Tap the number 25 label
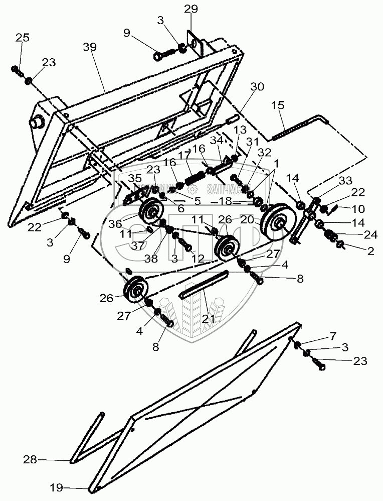(22, 37)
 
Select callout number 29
(191, 9)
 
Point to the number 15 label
(278, 105)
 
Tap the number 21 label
(208, 318)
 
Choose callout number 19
(56, 486)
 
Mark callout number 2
(370, 252)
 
